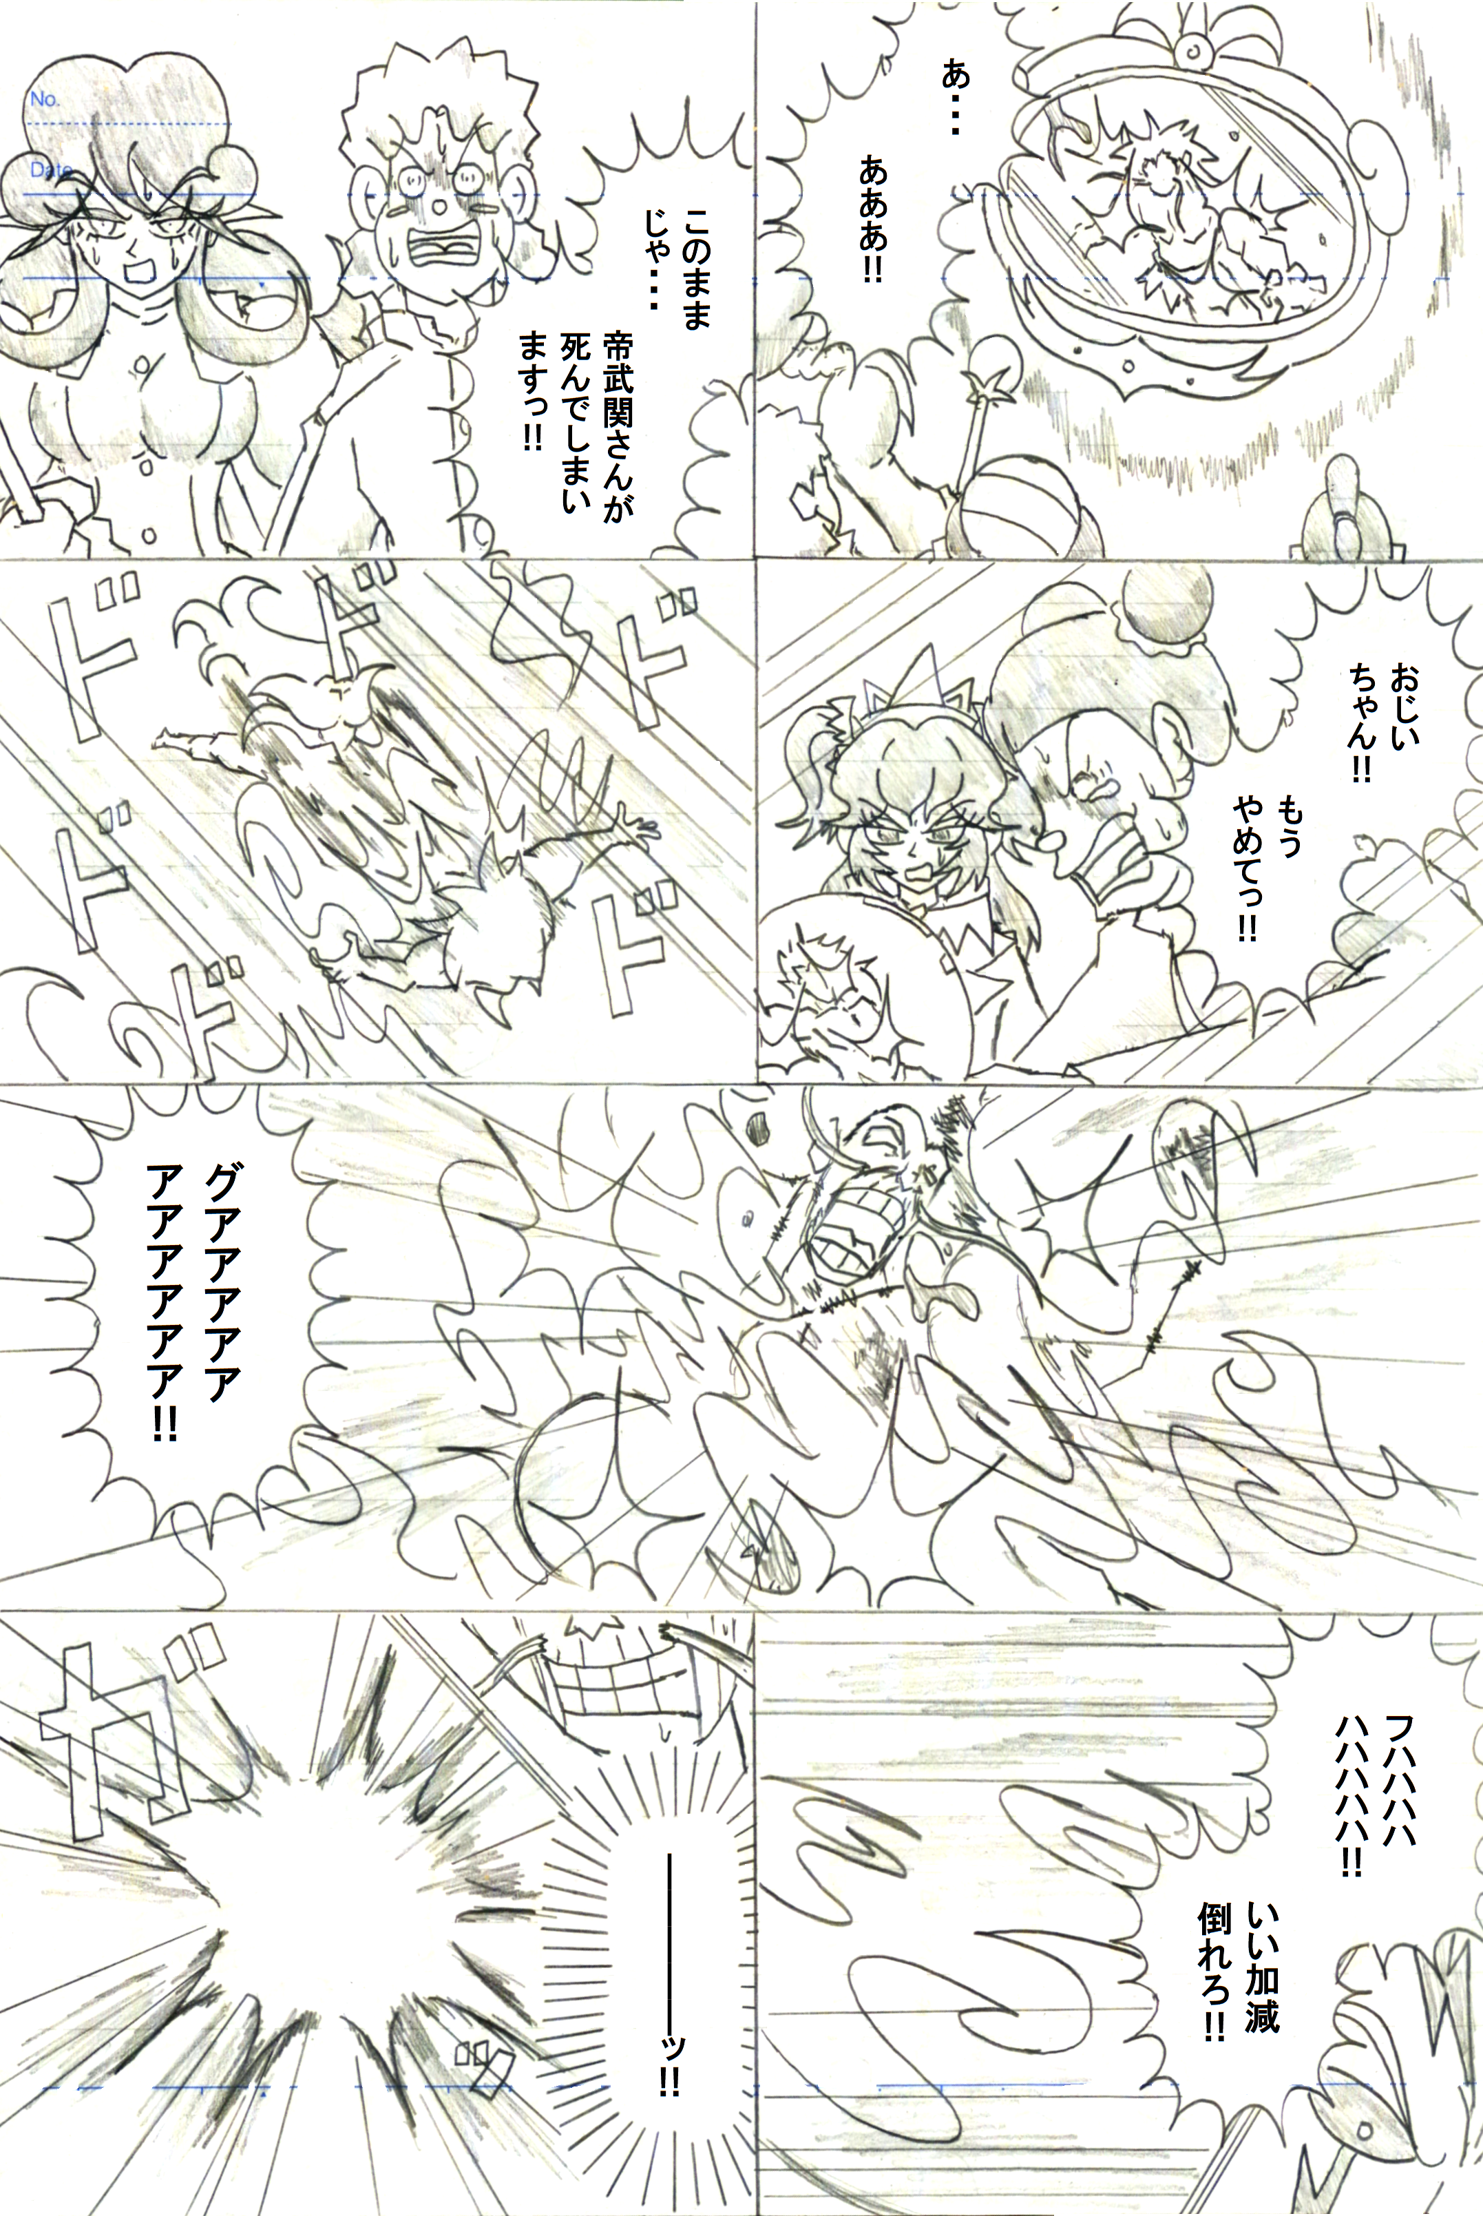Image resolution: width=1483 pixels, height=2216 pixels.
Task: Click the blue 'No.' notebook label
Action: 43,98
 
